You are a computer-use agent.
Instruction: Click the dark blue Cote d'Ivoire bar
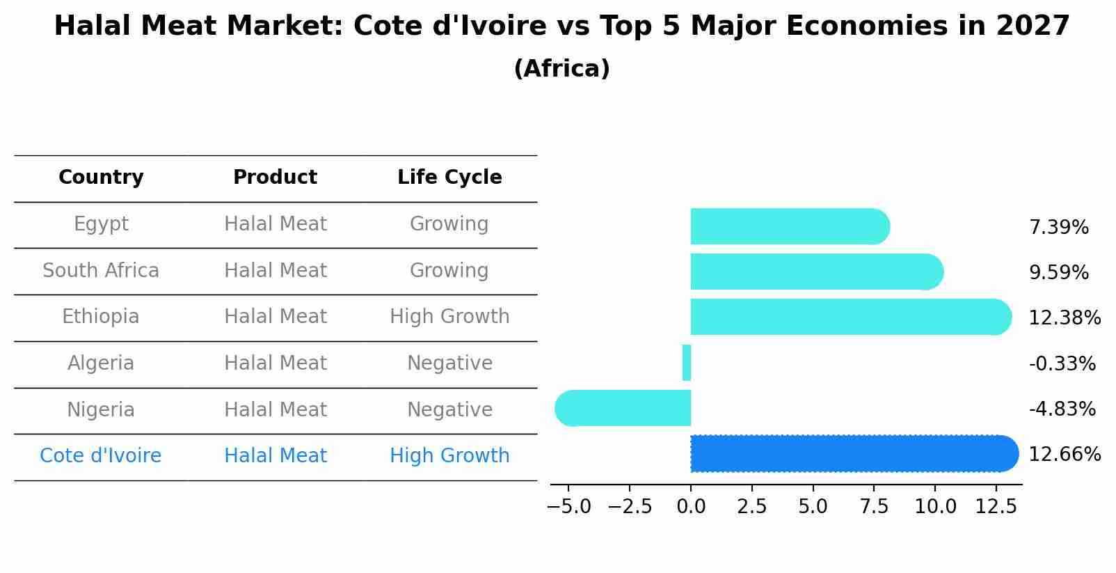coord(852,453)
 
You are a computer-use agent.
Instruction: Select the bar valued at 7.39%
coord(788,226)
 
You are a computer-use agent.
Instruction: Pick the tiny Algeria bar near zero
coord(687,363)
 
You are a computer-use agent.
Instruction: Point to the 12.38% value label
coord(1064,318)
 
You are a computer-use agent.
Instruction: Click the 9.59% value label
coord(1058,273)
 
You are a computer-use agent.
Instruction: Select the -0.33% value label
coord(1062,363)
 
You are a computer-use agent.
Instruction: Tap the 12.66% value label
coord(1064,455)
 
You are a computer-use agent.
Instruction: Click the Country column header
coord(101,178)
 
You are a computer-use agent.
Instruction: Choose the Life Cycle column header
coord(449,178)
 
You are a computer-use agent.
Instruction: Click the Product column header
coord(275,178)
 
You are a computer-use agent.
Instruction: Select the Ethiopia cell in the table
coord(101,317)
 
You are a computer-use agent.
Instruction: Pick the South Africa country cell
coord(101,270)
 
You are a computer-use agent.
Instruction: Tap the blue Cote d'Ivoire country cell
coord(101,456)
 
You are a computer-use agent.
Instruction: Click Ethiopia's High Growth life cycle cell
coord(449,317)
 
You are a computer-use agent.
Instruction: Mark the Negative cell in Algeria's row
coord(449,363)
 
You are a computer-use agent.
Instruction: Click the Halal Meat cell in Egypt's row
coord(275,224)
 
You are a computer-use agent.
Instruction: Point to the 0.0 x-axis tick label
coord(690,507)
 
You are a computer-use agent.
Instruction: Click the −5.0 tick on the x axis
coord(568,507)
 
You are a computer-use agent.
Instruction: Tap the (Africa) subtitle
coord(561,69)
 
